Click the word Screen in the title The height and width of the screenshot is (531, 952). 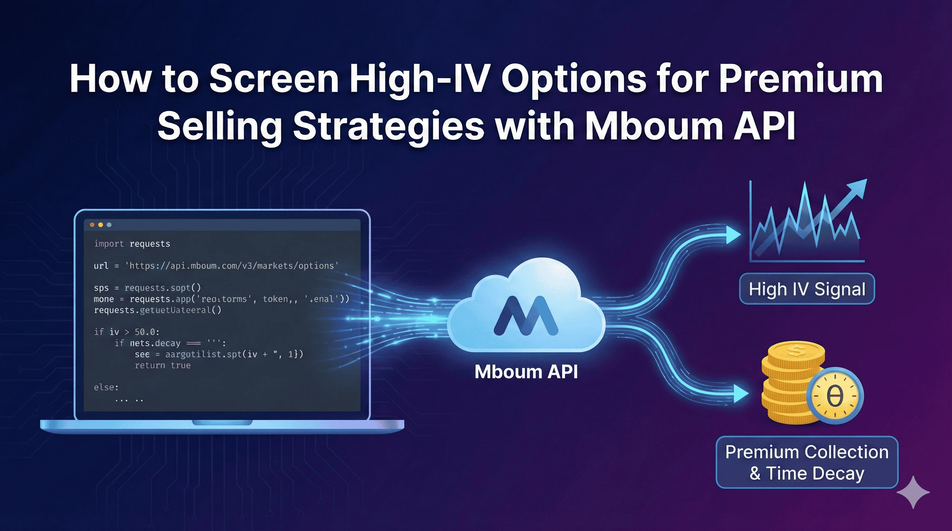274,79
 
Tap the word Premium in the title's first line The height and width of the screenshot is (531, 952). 800,79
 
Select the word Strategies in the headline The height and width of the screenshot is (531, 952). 388,126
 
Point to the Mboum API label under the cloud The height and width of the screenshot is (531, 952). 526,372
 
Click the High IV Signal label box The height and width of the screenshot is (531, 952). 807,289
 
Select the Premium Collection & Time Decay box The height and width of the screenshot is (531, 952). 807,462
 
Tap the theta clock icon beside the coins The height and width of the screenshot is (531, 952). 834,396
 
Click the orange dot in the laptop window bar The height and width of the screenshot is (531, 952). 92,225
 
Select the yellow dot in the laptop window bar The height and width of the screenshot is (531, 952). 101,225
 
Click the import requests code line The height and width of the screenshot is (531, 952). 132,244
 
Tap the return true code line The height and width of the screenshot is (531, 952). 163,365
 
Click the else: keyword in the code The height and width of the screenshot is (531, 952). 106,387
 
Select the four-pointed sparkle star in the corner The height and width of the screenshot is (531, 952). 913,492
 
